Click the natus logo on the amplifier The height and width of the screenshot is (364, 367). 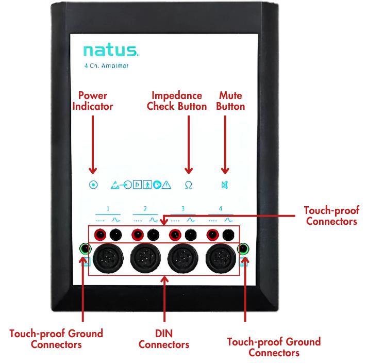tap(110, 51)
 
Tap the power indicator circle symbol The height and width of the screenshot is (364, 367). tap(93, 185)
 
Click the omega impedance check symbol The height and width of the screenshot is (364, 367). tap(188, 185)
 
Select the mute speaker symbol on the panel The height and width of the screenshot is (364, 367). tap(224, 185)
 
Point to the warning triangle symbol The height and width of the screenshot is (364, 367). tap(166, 185)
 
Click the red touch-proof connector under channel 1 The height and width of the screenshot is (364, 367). tap(101, 235)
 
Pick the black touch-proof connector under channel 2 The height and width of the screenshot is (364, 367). tap(153, 235)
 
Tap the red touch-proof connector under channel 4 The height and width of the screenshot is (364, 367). tap(212, 235)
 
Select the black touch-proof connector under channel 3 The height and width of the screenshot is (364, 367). tap(191, 235)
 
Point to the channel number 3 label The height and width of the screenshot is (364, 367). tap(183, 209)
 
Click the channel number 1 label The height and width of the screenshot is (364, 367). tap(108, 209)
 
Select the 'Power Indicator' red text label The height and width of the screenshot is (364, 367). tap(93, 101)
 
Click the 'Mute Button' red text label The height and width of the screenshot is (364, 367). tap(230, 101)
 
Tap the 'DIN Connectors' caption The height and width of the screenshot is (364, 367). tap(164, 339)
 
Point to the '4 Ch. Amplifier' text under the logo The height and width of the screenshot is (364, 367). tap(106, 66)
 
